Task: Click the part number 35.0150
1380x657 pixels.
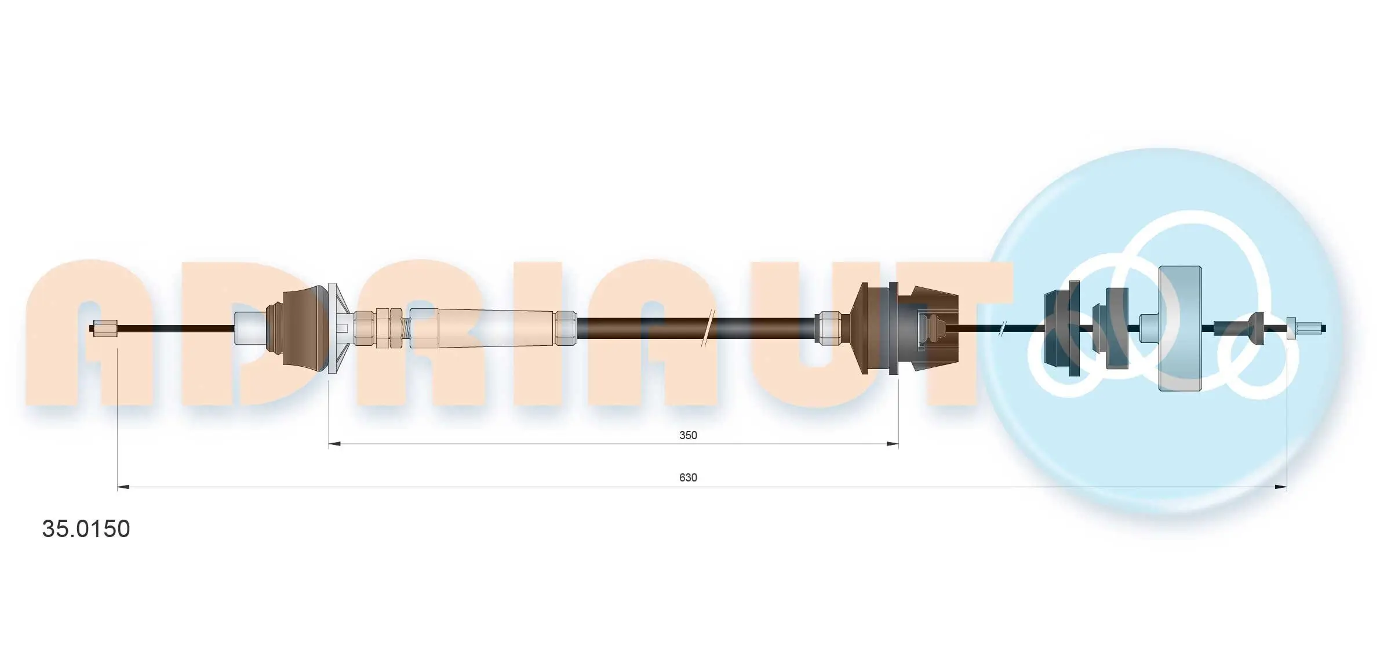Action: (86, 529)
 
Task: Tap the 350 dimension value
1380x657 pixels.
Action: (688, 435)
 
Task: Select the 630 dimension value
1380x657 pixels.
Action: (688, 477)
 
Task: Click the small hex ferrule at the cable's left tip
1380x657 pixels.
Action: (105, 329)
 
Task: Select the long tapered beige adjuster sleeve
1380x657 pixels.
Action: (496, 329)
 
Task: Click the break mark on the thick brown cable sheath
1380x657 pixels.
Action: (708, 328)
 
